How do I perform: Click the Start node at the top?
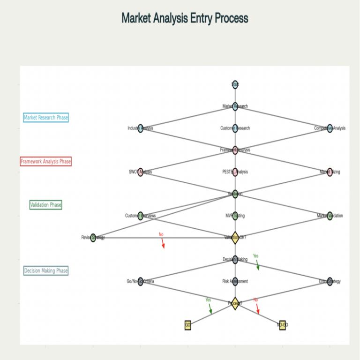click(x=235, y=84)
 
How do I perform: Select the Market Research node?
click(x=235, y=106)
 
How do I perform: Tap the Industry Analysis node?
click(x=141, y=128)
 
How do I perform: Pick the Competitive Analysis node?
click(x=330, y=128)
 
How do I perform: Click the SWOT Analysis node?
click(x=141, y=172)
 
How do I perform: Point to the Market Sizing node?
click(x=330, y=172)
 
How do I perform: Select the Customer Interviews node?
click(x=141, y=216)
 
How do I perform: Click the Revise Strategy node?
click(x=93, y=238)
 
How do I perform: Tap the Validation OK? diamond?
click(x=235, y=237)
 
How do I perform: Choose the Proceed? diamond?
click(x=235, y=303)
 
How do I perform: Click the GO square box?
click(x=188, y=325)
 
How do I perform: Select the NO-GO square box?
click(x=282, y=325)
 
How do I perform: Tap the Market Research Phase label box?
click(x=46, y=118)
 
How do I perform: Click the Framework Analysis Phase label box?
click(x=46, y=161)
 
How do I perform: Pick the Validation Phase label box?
click(x=46, y=205)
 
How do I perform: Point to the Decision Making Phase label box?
click(x=46, y=270)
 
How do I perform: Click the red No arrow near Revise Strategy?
click(x=162, y=242)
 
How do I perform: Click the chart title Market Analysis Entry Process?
click(x=185, y=18)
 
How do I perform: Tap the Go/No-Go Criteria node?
click(x=141, y=281)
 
